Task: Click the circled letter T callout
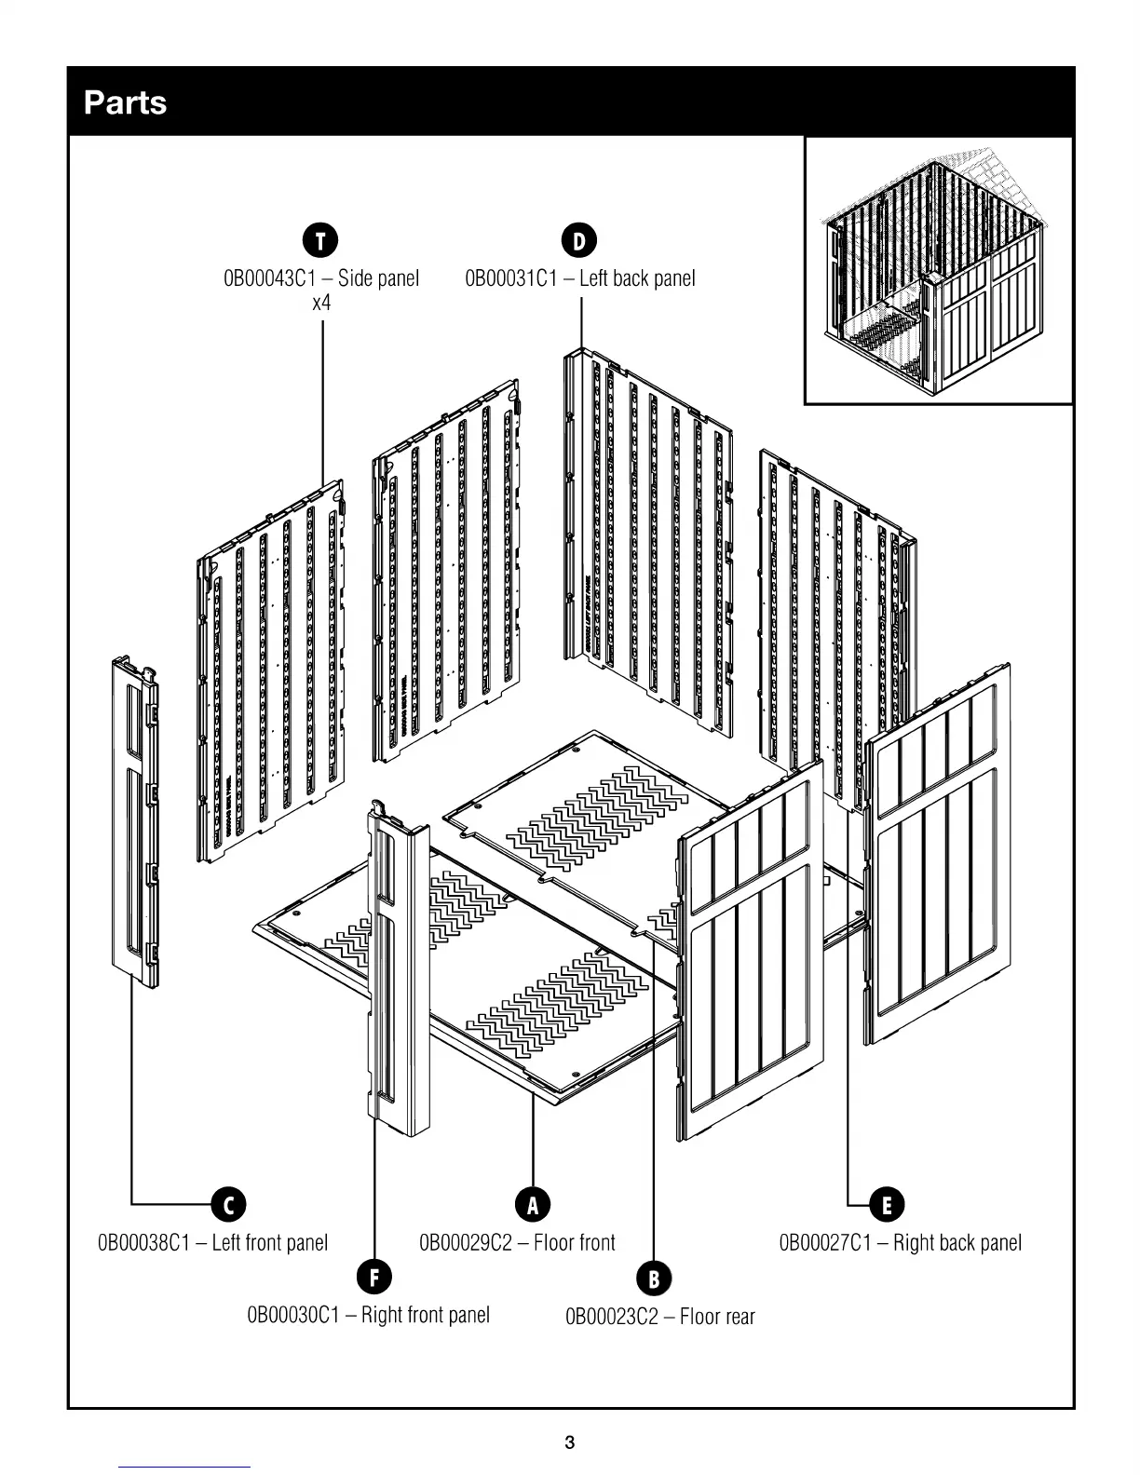click(x=320, y=240)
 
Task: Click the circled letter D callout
click(x=579, y=240)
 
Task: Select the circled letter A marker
click(x=533, y=1204)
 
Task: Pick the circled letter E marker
click(x=887, y=1204)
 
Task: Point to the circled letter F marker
click(x=374, y=1277)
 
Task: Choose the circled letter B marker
click(x=654, y=1279)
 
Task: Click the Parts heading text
click(x=126, y=102)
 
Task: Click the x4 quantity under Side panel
click(x=321, y=304)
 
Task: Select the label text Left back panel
click(x=637, y=278)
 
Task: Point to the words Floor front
click(x=575, y=1243)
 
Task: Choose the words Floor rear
click(x=717, y=1318)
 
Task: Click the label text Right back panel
click(x=957, y=1243)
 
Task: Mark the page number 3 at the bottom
click(x=570, y=1443)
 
